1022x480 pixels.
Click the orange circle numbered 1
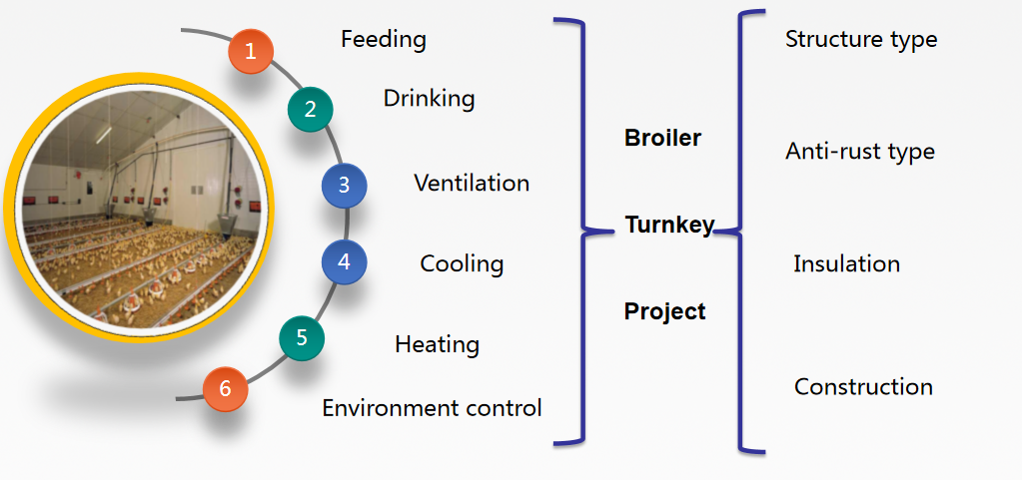click(251, 51)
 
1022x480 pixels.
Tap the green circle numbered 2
click(310, 109)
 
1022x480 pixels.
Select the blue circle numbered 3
click(344, 185)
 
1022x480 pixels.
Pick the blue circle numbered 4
click(344, 262)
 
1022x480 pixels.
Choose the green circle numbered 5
click(302, 337)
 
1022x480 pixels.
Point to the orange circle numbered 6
click(225, 389)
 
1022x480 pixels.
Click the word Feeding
click(383, 40)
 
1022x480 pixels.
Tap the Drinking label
click(429, 98)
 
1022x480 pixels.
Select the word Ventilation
click(472, 184)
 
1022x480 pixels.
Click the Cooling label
click(462, 264)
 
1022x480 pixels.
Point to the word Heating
click(437, 344)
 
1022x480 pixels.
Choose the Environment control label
click(432, 407)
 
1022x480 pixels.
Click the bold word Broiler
click(662, 139)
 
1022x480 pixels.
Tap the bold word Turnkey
click(669, 226)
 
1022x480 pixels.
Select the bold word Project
click(664, 311)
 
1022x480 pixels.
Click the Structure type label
click(861, 40)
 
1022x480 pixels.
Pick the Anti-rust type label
click(860, 152)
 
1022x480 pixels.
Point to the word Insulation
click(846, 264)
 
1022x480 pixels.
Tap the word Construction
click(863, 387)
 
